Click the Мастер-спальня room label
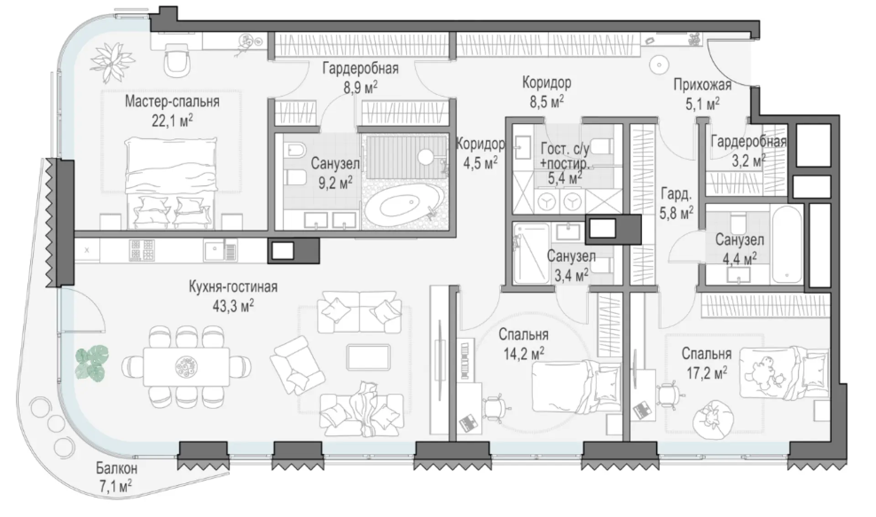172,101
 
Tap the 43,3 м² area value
233,306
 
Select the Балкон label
116,468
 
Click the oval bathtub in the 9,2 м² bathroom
402,204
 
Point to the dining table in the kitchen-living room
187,366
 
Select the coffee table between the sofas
369,357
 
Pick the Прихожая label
702,84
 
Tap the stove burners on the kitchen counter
142,250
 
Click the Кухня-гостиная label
233,287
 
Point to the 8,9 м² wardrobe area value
360,86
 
